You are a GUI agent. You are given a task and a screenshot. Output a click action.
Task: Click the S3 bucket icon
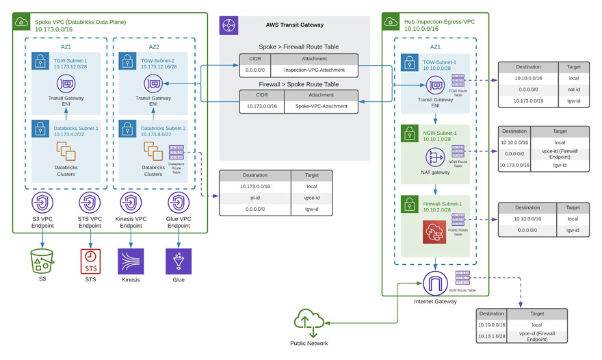coord(42,261)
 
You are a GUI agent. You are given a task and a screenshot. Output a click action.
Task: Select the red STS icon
coord(90,261)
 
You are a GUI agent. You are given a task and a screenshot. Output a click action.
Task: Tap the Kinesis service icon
coord(131,261)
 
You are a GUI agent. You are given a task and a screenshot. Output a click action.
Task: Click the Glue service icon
coord(179,261)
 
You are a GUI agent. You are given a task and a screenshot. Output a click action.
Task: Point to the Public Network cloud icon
coord(309,322)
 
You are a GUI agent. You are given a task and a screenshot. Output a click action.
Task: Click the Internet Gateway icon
coord(435,283)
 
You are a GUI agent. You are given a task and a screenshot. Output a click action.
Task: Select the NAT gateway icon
coord(435,156)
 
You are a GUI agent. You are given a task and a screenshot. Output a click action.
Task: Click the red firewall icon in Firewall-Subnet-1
coord(434,233)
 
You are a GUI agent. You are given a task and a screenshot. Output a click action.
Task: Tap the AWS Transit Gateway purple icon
coord(228,25)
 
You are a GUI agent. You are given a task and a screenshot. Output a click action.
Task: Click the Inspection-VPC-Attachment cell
coord(309,70)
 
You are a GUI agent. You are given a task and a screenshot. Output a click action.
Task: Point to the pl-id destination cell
coord(254,197)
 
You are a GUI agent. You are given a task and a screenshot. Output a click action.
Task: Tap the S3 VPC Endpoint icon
coord(42,203)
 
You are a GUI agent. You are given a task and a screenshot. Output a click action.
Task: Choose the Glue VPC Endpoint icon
coord(179,203)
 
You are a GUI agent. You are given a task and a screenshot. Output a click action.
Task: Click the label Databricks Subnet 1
coord(76,128)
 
